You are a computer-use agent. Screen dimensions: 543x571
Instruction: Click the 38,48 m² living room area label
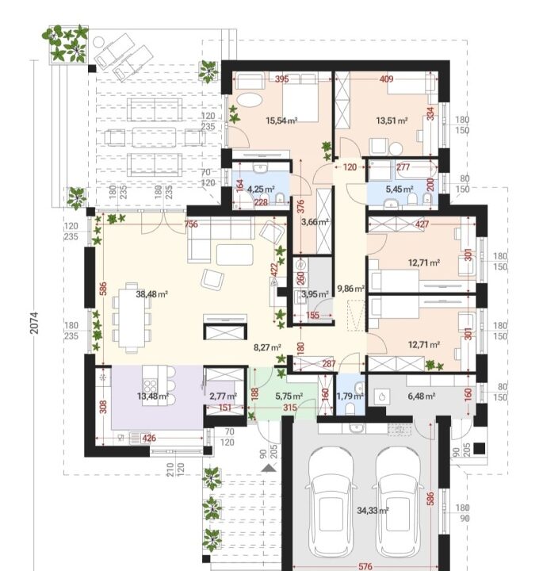pos(151,294)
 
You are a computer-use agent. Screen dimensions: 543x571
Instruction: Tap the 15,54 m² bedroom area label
pos(281,121)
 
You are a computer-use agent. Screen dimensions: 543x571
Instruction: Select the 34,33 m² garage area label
pos(373,511)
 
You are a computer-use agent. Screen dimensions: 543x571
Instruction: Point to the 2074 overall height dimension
pos(34,322)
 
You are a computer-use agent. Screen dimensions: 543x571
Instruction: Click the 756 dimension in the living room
pos(191,224)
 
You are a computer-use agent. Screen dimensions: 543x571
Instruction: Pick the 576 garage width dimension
pos(365,566)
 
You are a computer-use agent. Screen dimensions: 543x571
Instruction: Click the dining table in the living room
pos(132,317)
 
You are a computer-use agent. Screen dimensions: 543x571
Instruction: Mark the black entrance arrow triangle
pos(268,469)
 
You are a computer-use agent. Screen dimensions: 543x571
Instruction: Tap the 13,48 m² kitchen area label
pos(153,396)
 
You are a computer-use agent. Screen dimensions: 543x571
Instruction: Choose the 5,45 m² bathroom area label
pos(400,189)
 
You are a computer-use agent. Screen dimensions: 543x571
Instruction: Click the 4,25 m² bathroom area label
pos(261,189)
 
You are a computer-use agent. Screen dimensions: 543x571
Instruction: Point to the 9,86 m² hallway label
pos(351,289)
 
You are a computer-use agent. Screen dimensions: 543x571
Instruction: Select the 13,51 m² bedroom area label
pos(392,121)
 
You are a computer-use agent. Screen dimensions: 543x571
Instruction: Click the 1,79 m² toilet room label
pos(350,396)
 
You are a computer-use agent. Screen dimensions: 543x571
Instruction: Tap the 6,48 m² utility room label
pos(422,396)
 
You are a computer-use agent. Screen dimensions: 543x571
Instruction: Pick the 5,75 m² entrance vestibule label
pos(289,396)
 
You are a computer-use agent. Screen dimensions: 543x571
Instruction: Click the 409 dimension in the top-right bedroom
pos(386,79)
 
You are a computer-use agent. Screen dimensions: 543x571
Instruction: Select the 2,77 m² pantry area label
pos(223,396)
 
